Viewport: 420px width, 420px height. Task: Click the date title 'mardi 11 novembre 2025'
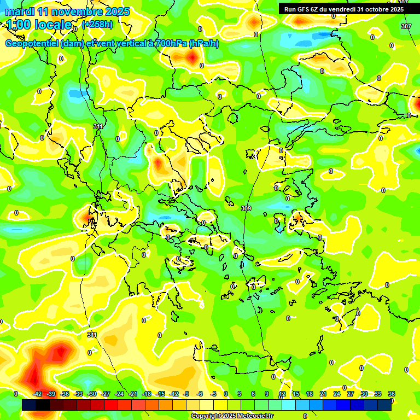67,11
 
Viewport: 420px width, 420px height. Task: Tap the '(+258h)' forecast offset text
97,25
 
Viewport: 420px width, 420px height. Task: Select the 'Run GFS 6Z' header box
343,9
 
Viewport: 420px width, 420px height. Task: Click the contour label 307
405,26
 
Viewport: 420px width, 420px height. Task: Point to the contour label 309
246,208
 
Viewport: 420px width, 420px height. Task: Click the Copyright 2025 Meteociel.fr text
232,416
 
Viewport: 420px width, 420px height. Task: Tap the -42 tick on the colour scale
37,394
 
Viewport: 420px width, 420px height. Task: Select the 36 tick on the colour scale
392,394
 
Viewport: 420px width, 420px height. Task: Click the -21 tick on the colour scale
133,394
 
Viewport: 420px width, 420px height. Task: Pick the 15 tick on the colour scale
295,394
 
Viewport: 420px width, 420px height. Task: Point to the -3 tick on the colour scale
214,394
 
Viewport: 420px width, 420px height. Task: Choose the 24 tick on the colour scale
337,394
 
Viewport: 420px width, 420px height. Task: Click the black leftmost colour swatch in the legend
29,405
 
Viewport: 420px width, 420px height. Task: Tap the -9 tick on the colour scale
186,394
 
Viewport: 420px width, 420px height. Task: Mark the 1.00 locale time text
38,25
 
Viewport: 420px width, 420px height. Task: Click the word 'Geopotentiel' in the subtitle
32,44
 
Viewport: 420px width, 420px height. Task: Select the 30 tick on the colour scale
364,394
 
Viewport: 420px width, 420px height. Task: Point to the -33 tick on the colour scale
78,394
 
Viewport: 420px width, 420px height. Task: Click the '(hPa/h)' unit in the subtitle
203,44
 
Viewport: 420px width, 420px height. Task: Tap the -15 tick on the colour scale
160,394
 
